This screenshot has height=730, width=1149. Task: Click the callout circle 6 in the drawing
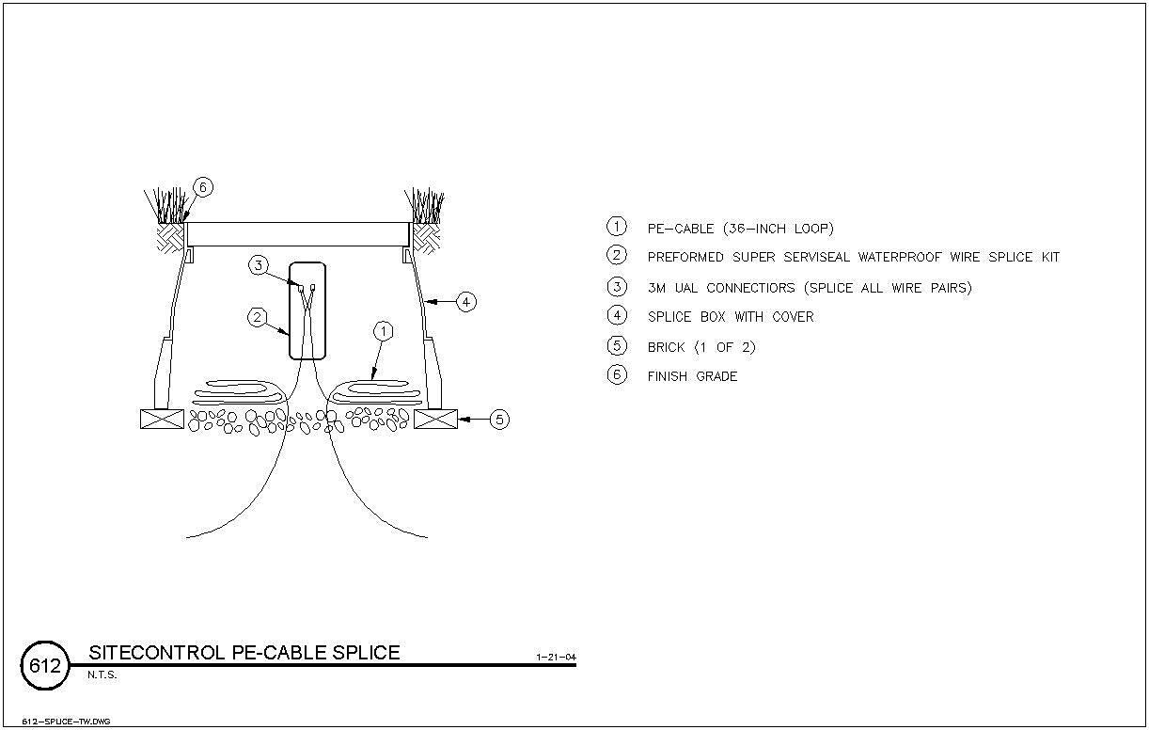(x=203, y=187)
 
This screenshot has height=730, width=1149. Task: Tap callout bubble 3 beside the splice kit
(x=259, y=265)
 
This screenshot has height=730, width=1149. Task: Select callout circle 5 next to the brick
(x=499, y=420)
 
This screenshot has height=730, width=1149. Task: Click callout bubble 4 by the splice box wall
(x=466, y=302)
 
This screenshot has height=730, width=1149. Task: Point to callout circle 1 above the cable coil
(x=384, y=332)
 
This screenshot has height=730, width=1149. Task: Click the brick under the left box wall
(x=162, y=419)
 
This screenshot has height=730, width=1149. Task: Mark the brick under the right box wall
(x=435, y=419)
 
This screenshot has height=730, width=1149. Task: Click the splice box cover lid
(x=297, y=234)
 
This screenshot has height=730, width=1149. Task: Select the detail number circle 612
(x=45, y=665)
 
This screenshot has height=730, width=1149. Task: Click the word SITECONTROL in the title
(x=157, y=653)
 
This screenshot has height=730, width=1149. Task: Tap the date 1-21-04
(x=556, y=658)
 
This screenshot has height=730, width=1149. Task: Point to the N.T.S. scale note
(x=102, y=675)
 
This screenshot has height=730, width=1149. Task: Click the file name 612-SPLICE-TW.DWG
(x=66, y=722)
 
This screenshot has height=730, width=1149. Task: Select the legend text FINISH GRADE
(x=692, y=376)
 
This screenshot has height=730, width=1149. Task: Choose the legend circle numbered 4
(x=617, y=315)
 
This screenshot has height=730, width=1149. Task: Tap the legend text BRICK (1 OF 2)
(x=701, y=347)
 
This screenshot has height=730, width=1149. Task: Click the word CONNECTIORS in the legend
(x=750, y=288)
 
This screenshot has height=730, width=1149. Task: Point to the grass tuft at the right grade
(x=425, y=205)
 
